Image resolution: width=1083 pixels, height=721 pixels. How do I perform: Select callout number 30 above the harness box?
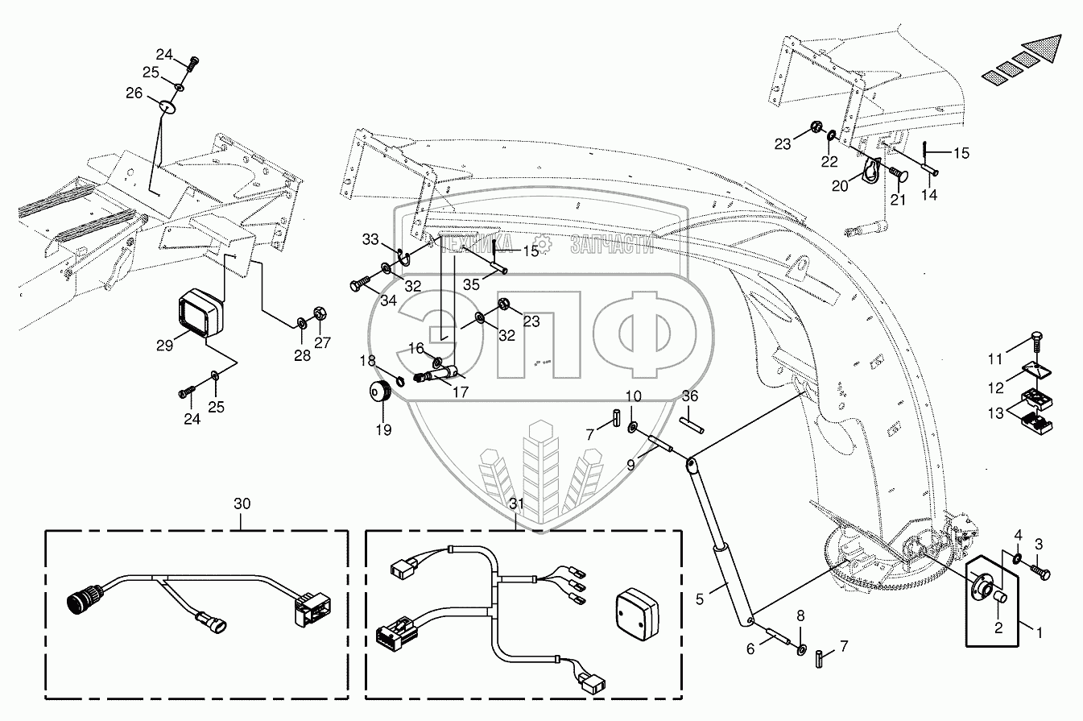pos(242,503)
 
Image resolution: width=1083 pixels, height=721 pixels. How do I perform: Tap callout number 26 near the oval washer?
pos(134,93)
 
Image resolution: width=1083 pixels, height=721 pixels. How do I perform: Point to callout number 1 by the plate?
pos(1039,633)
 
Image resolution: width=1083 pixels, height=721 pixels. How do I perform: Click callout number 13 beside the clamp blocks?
pos(995,412)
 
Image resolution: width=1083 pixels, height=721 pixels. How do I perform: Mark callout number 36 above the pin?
pos(690,396)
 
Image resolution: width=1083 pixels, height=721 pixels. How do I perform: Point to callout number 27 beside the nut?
pos(322,342)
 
